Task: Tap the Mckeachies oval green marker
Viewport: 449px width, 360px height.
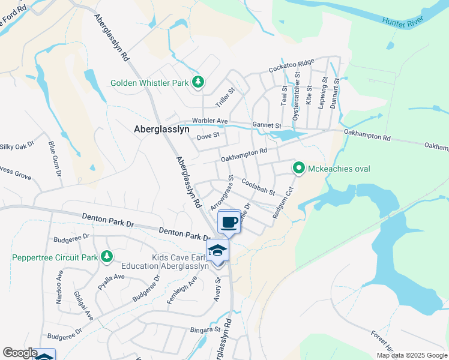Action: pos(299,168)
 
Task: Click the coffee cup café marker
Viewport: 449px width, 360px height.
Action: pos(229,223)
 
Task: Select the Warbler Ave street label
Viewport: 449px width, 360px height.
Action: pos(210,121)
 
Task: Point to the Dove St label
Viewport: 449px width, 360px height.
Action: pos(209,137)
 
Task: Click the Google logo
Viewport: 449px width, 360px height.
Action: pos(20,353)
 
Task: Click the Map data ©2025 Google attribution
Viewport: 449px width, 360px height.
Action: pos(411,355)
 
